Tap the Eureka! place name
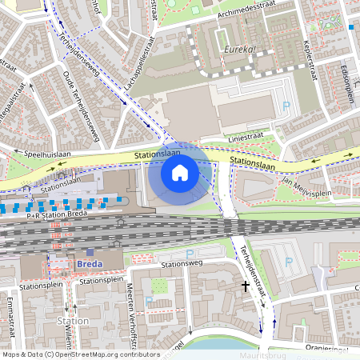pyautogui.click(x=239, y=50)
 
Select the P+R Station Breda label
pyautogui.click(x=56, y=215)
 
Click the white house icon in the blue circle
pyautogui.click(x=180, y=172)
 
